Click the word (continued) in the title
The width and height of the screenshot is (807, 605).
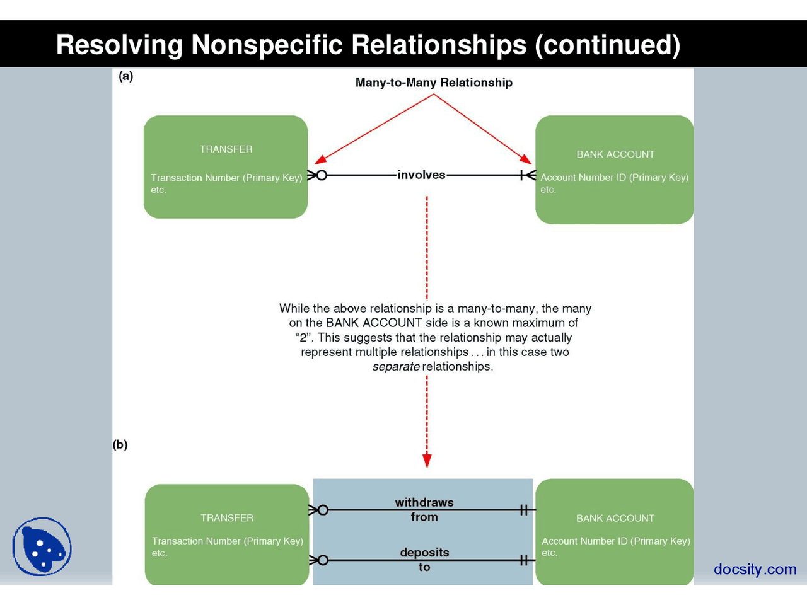tap(607, 45)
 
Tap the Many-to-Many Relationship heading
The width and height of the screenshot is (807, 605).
tap(434, 83)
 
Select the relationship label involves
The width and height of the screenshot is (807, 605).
tap(421, 175)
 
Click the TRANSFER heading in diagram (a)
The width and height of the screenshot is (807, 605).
tap(226, 149)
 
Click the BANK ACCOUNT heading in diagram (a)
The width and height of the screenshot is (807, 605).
tap(615, 154)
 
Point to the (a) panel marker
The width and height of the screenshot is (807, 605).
tap(126, 76)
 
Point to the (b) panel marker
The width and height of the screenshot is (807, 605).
tap(120, 444)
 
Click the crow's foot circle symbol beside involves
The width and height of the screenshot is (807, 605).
tap(322, 175)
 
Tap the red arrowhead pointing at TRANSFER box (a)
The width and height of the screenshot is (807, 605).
tap(320, 160)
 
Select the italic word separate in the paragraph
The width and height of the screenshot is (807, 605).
tap(396, 367)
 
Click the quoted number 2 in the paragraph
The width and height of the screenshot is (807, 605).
tap(303, 338)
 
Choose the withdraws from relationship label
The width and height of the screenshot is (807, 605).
tap(424, 509)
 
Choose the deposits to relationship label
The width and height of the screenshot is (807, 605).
tap(424, 560)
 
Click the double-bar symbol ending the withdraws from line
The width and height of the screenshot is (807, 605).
tap(524, 510)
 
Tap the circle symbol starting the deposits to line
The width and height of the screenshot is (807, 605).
tap(323, 560)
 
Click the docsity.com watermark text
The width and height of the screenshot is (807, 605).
tap(755, 569)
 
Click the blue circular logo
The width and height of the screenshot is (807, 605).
tap(42, 546)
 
